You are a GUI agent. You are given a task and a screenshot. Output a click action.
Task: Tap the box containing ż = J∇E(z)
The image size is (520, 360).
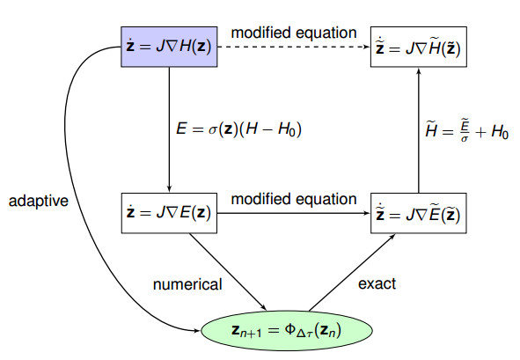coord(167,214)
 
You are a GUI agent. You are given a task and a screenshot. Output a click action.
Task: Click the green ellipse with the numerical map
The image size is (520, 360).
coord(282,330)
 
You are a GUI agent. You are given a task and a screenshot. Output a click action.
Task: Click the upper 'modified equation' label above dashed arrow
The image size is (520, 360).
coord(293,33)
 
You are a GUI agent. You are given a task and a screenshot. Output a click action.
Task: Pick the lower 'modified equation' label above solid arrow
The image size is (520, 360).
coord(293,199)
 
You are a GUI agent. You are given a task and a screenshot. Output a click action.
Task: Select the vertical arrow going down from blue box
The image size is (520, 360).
coord(168,132)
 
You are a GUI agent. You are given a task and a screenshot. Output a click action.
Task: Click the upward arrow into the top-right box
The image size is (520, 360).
coord(417,132)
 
